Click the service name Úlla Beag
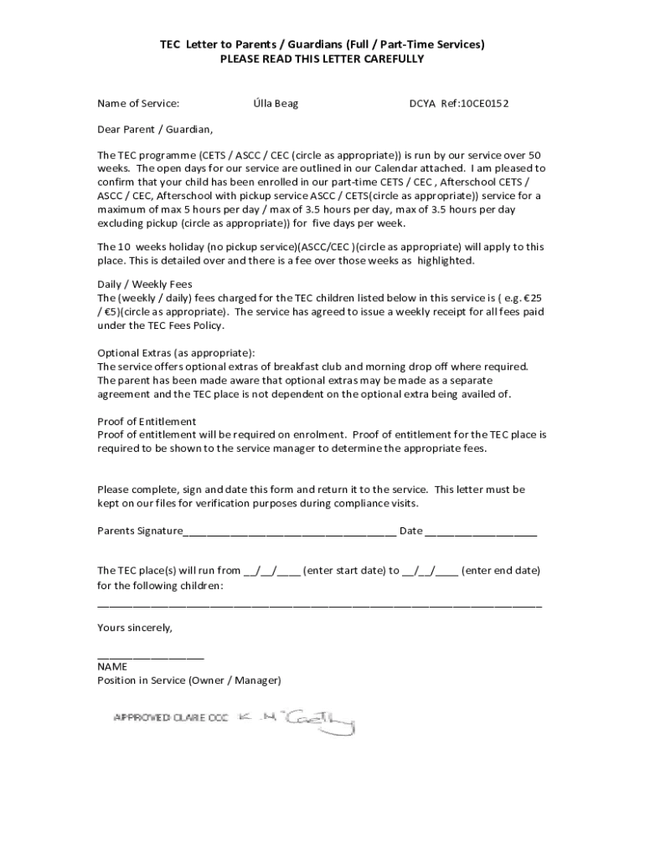tap(276, 104)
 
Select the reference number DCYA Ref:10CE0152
tap(458, 104)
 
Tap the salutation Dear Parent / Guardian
tap(155, 130)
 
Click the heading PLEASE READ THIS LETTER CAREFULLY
tap(322, 59)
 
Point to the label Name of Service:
tap(138, 104)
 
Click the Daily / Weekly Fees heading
tap(145, 285)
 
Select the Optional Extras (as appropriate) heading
tap(176, 352)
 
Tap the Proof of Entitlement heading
tap(147, 421)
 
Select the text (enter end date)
tap(500, 571)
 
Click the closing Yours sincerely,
tap(135, 627)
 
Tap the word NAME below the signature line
tap(112, 667)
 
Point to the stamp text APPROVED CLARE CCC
tap(171, 718)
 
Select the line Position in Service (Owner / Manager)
tap(189, 680)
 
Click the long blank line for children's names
tap(319, 605)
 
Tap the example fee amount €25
tap(529, 298)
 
